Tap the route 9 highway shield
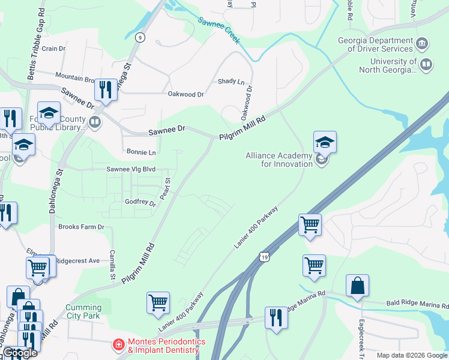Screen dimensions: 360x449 (140, 37)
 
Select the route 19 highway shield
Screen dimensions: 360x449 (265, 257)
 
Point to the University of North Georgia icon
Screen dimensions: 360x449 (426, 64)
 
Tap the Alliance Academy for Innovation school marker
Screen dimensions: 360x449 (324, 143)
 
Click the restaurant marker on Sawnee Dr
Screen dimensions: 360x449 (106, 90)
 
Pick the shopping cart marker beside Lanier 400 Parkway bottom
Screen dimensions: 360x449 (158, 303)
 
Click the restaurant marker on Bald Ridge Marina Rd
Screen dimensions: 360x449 (276, 317)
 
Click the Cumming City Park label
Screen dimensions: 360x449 (83, 311)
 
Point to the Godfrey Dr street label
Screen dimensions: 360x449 (140, 203)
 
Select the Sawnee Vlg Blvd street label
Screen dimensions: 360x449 (131, 170)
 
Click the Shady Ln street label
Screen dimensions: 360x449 (231, 82)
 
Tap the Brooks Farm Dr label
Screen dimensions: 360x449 (81, 227)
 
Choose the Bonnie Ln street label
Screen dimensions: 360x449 (141, 152)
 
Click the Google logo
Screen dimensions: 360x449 (20, 353)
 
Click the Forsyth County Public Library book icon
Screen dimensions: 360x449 (94, 123)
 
